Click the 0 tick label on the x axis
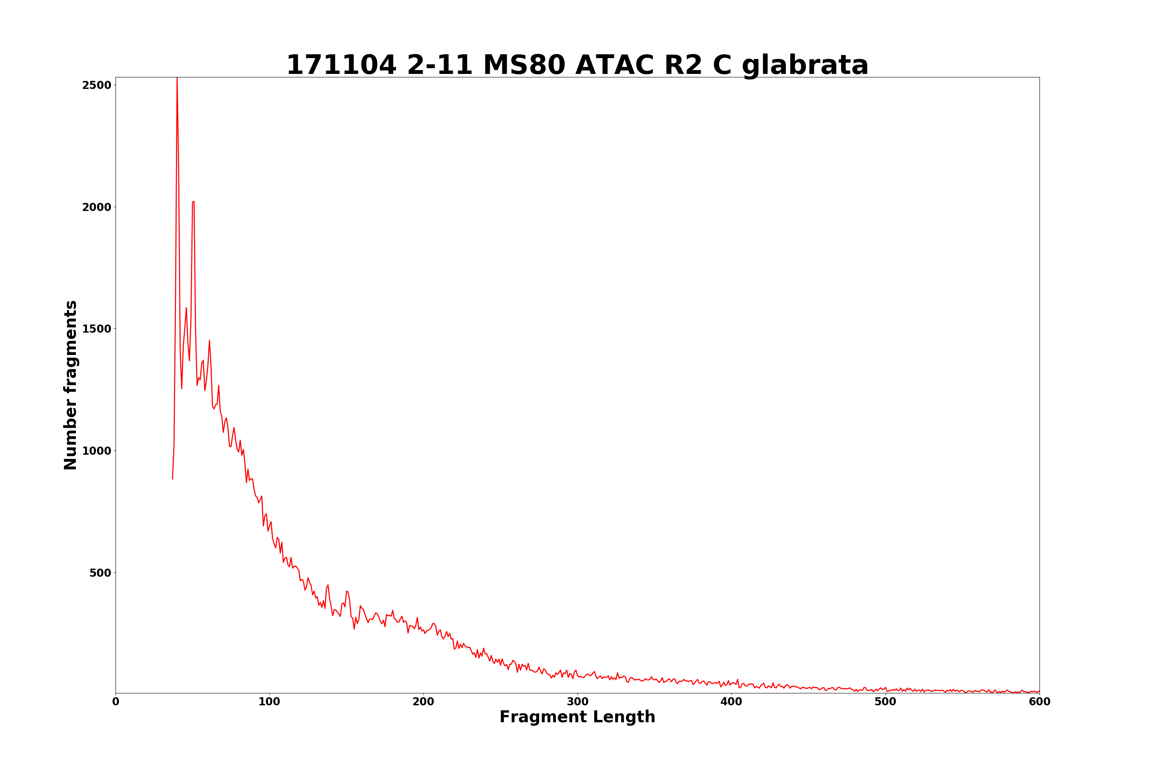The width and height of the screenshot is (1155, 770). pos(115,702)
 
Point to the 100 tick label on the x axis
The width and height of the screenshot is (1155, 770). pos(269,702)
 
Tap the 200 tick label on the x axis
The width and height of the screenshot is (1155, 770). pos(423,702)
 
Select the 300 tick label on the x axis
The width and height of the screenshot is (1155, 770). pos(577,702)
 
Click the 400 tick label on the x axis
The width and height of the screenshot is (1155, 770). pos(731,702)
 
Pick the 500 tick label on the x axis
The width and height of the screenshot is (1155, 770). pos(885,702)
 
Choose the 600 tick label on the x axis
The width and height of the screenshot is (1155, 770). pos(1039,702)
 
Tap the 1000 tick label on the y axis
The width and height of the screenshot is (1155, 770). pos(97,451)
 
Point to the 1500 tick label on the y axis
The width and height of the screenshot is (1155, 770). pos(97,329)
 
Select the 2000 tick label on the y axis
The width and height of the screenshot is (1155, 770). pos(97,207)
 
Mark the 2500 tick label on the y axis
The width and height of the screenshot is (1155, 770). pos(97,85)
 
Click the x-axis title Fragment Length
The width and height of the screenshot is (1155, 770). pos(577,718)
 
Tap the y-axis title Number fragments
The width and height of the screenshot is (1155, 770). pos(71,385)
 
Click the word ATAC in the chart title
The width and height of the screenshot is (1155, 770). pos(615,65)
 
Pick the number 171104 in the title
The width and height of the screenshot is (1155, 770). pos(341,65)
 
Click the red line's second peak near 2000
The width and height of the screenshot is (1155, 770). pos(194,201)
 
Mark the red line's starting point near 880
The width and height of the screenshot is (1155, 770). pos(172,479)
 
